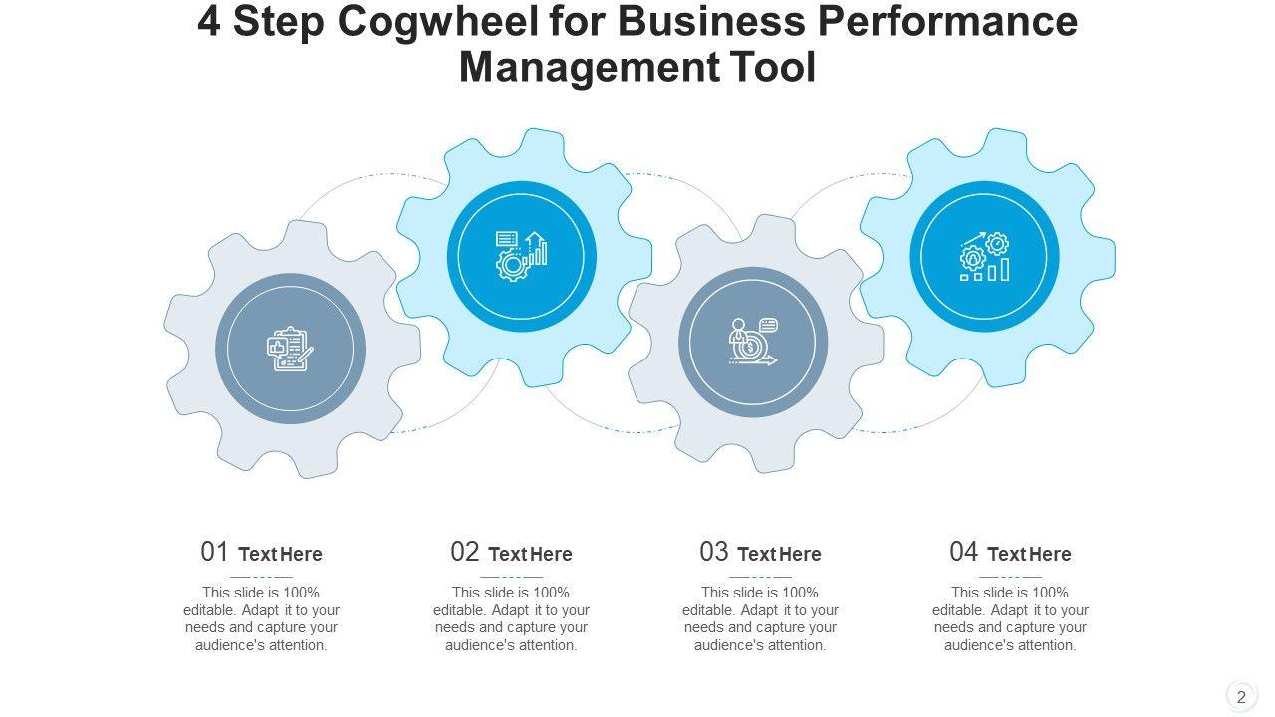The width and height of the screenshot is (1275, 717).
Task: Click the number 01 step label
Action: click(215, 552)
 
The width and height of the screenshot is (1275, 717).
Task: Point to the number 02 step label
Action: click(465, 552)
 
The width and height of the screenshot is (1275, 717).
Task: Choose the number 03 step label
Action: click(714, 552)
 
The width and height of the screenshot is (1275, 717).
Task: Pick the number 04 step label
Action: click(964, 552)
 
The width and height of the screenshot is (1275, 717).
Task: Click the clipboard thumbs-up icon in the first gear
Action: click(290, 349)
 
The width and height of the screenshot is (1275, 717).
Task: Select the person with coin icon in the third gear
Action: click(753, 343)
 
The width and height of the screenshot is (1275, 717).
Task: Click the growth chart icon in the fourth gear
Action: click(984, 257)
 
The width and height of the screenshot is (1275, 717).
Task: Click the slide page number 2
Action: click(1241, 696)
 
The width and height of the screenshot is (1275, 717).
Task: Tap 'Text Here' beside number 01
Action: click(281, 554)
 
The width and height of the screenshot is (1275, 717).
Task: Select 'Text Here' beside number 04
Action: click(1030, 554)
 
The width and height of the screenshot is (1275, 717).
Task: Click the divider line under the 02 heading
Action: click(511, 577)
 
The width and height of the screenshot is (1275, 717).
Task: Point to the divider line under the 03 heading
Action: click(760, 577)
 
